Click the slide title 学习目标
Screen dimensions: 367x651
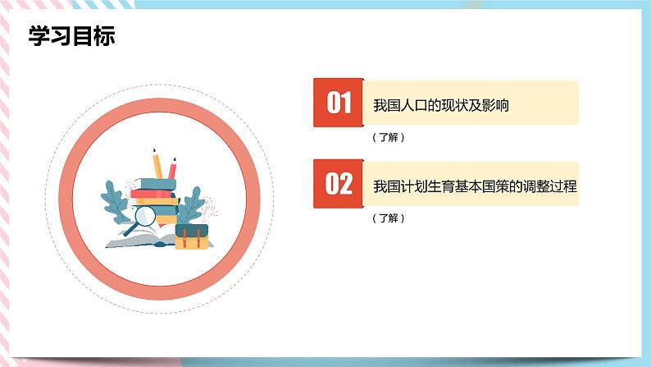(x=71, y=36)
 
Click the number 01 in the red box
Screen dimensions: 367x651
(x=339, y=103)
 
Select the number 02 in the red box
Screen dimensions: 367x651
(x=339, y=184)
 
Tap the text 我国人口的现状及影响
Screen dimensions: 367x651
(x=441, y=104)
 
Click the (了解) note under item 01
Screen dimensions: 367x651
(x=388, y=137)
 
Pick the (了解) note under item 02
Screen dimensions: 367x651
(x=388, y=218)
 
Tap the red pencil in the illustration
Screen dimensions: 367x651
(x=172, y=167)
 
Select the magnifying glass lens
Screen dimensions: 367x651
(x=144, y=216)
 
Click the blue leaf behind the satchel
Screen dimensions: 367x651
(x=189, y=204)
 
